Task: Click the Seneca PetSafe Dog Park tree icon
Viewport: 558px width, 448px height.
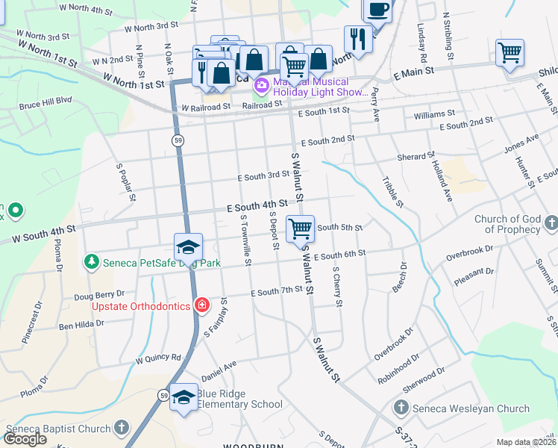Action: pyautogui.click(x=91, y=262)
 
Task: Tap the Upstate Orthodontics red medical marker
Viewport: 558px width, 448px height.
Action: pyautogui.click(x=201, y=305)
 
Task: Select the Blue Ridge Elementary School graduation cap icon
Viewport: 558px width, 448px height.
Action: pyautogui.click(x=184, y=398)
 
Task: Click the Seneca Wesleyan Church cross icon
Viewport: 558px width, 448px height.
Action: pyautogui.click(x=401, y=408)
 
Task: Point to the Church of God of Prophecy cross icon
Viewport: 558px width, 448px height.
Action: pyautogui.click(x=551, y=223)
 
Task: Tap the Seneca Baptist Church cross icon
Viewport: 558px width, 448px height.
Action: pyautogui.click(x=122, y=429)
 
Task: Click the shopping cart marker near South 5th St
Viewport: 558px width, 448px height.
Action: pyautogui.click(x=300, y=228)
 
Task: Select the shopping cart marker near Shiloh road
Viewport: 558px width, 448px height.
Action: pyautogui.click(x=510, y=53)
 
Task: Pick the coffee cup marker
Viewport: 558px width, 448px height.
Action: pyautogui.click(x=377, y=10)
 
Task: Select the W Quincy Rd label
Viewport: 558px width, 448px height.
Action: pyautogui.click(x=158, y=358)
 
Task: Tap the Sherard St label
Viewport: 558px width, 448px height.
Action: pyautogui.click(x=416, y=157)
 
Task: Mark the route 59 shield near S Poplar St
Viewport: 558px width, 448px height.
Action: pyautogui.click(x=178, y=140)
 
